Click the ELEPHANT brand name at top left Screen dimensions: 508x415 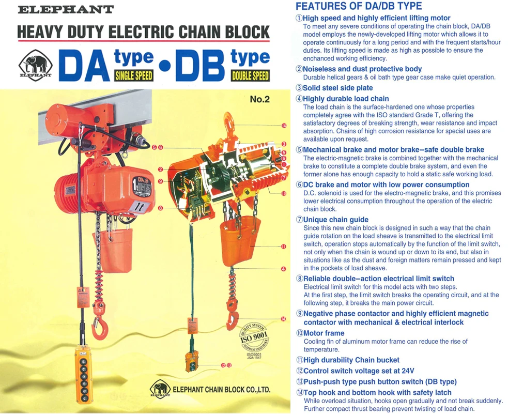click(66, 9)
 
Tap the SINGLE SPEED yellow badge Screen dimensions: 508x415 click(133, 75)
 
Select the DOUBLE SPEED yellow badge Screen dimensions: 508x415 click(250, 75)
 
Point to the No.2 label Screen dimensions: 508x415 click(260, 99)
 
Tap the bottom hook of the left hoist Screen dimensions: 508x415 click(98, 326)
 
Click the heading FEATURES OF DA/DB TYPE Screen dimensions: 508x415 click(358, 7)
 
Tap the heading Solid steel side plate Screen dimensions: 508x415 click(337, 88)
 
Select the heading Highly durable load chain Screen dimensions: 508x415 click(346, 99)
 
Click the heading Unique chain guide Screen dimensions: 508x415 click(336, 220)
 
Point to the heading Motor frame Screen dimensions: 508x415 click(324, 333)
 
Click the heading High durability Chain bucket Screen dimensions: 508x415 click(351, 360)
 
